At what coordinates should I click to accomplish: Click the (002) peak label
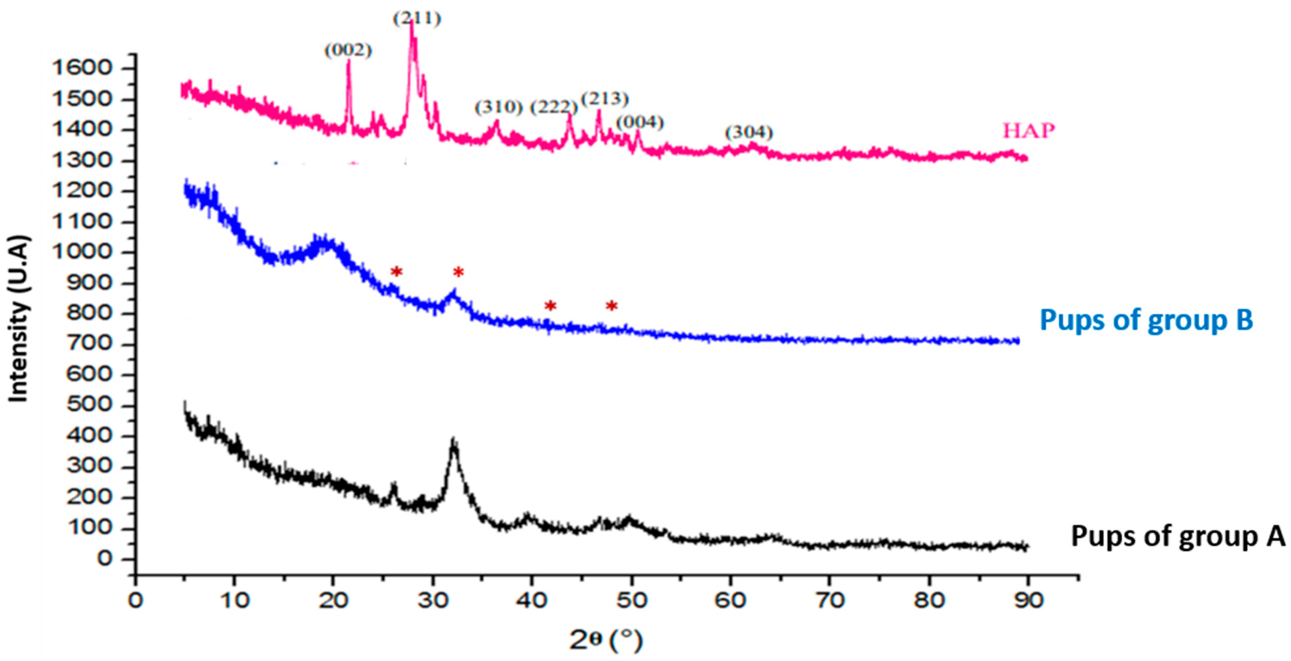click(x=348, y=51)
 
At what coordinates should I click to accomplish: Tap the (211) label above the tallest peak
click(x=416, y=19)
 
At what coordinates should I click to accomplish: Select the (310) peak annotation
click(x=499, y=107)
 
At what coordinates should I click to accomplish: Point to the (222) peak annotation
click(x=554, y=107)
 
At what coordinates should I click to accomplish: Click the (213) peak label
click(x=605, y=99)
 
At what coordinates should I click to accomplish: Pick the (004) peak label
click(x=640, y=122)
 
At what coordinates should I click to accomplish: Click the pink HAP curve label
click(x=1028, y=131)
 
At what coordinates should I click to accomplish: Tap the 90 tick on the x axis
click(x=1028, y=601)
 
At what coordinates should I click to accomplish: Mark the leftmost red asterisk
click(x=397, y=272)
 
